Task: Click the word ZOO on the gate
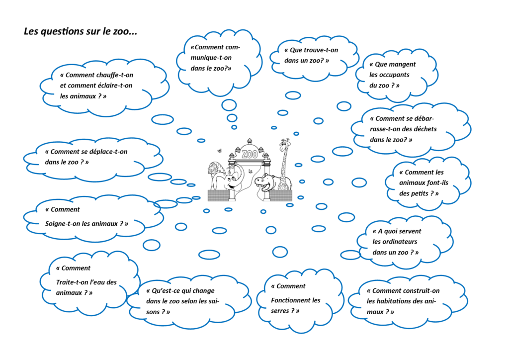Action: pos(250,154)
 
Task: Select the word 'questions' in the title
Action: pos(62,32)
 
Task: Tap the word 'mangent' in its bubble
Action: pos(402,64)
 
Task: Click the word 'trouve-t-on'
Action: pos(320,50)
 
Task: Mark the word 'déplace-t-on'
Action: pos(104,152)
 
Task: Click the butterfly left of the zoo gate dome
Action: pos(218,151)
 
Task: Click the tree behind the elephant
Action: pos(215,169)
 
